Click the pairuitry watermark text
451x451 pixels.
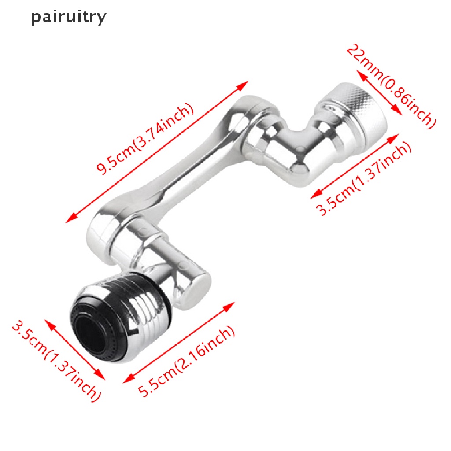click(x=68, y=17)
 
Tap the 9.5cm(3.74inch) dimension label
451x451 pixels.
click(x=145, y=139)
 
